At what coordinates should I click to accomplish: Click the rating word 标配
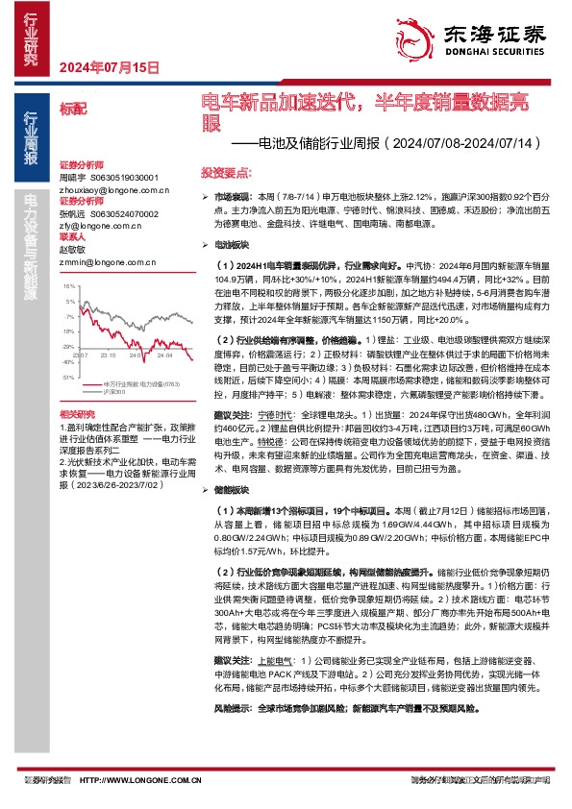[72, 110]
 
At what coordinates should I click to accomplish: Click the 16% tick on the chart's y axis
[68, 286]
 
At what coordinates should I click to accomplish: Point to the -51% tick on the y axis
[67, 378]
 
